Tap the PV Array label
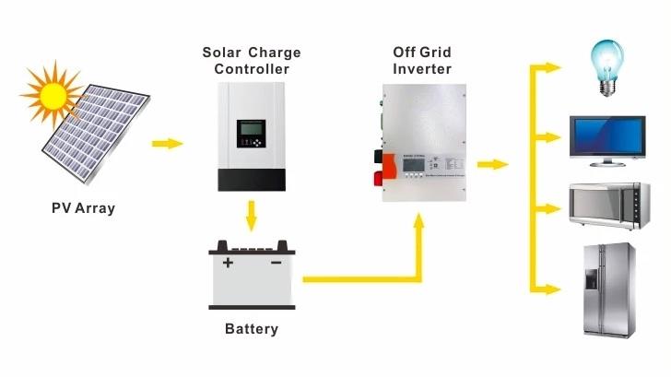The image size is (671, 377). [x=83, y=208]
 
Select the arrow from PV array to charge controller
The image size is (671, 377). [x=167, y=144]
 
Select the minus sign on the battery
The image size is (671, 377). [x=276, y=264]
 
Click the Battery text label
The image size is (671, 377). [x=251, y=328]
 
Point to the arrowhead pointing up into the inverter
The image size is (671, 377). [x=420, y=222]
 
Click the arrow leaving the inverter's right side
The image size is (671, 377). [x=493, y=165]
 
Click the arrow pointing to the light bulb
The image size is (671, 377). [x=551, y=67]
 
